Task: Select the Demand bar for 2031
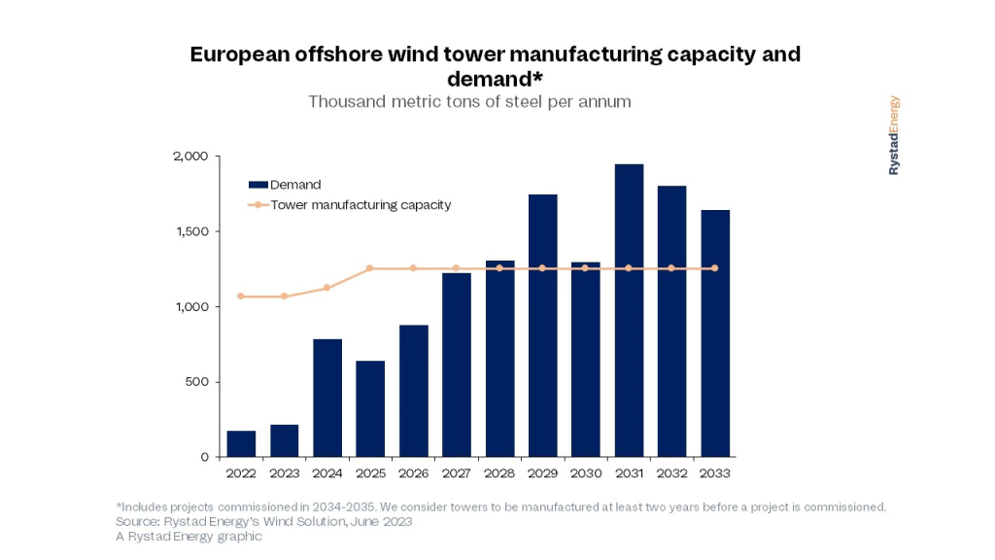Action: point(629,311)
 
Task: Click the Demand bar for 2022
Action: point(241,444)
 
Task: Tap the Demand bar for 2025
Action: point(370,409)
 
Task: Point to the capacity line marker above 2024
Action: point(327,288)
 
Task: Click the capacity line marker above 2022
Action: point(241,297)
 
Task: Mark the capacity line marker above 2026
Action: point(413,268)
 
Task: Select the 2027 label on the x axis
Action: point(457,473)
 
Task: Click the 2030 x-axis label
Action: point(586,473)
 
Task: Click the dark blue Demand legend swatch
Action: point(257,185)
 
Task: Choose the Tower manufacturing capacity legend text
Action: point(360,205)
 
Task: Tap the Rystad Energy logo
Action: point(894,135)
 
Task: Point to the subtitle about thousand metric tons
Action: point(469,101)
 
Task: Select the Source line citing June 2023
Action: point(263,522)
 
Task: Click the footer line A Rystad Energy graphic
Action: point(189,537)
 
